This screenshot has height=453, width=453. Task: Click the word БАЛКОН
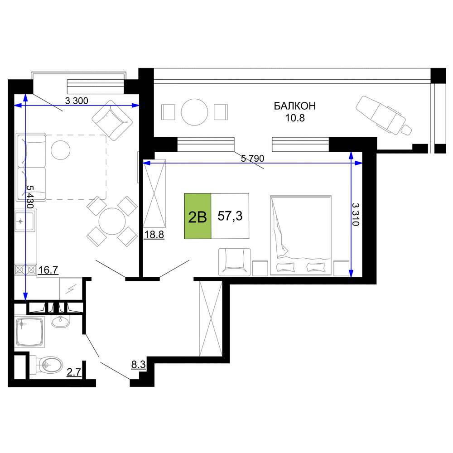pyautogui.click(x=295, y=106)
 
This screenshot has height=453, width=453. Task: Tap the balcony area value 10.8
pyautogui.click(x=295, y=118)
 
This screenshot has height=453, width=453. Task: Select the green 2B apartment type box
pyautogui.click(x=198, y=216)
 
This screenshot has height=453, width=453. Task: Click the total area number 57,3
pyautogui.click(x=230, y=216)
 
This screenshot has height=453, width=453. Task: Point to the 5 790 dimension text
pyautogui.click(x=252, y=158)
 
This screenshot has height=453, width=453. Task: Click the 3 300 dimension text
pyautogui.click(x=76, y=101)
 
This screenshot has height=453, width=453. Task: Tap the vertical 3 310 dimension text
pyautogui.click(x=356, y=214)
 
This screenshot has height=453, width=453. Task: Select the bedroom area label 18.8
pyautogui.click(x=154, y=234)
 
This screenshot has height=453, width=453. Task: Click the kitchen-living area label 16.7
pyautogui.click(x=48, y=270)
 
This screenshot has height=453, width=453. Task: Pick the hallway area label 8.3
pyautogui.click(x=138, y=364)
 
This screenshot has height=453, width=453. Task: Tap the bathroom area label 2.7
pyautogui.click(x=74, y=372)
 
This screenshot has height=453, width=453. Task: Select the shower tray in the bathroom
pyautogui.click(x=30, y=332)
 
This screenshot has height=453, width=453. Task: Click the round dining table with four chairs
pyautogui.click(x=112, y=222)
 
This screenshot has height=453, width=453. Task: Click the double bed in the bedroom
pyautogui.click(x=300, y=235)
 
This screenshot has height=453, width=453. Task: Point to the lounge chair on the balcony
pyautogui.click(x=384, y=116)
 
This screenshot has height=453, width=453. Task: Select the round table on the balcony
pyautogui.click(x=194, y=112)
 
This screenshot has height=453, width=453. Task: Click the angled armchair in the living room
pyautogui.click(x=112, y=120)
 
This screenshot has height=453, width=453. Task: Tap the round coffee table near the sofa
pyautogui.click(x=60, y=150)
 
